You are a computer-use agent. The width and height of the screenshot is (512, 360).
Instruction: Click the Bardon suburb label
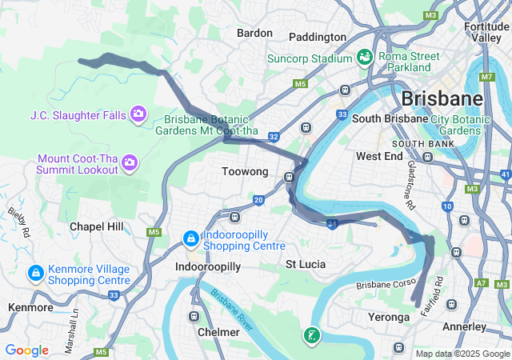tap(254, 34)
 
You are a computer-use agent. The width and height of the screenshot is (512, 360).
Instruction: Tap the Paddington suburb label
tap(317, 37)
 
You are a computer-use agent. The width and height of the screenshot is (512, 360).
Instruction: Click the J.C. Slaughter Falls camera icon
tap(139, 114)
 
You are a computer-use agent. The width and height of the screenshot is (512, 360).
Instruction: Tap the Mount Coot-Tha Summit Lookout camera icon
tap(130, 163)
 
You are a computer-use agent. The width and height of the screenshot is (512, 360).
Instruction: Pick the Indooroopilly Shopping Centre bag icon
tap(190, 238)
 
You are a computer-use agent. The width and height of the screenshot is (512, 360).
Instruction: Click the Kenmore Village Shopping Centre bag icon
tap(35, 274)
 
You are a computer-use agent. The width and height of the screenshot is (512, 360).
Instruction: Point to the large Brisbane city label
tap(442, 99)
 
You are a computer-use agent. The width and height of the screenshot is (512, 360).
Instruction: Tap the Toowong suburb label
tap(245, 172)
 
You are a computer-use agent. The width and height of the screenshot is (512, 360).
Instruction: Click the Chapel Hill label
tap(97, 226)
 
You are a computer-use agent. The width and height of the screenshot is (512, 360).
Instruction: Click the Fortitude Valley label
tap(486, 32)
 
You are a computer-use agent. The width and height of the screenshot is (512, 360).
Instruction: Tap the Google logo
tap(26, 350)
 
